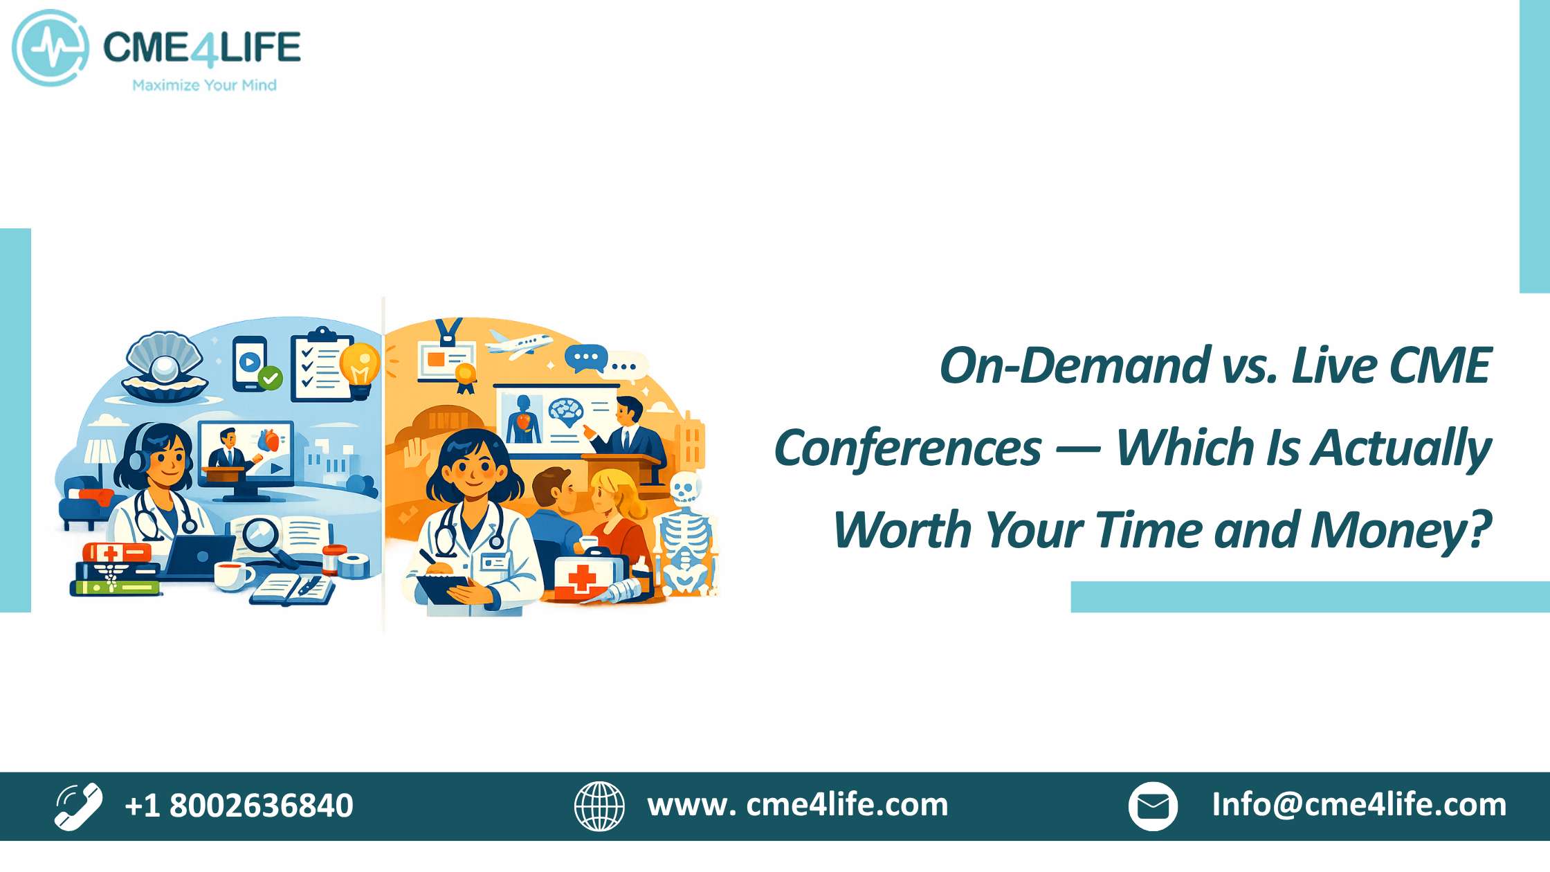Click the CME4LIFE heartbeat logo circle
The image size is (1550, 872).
pos(50,48)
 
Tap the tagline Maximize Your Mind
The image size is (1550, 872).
pos(204,85)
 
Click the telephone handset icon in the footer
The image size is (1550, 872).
pos(78,806)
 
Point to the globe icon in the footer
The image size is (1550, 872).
pos(599,806)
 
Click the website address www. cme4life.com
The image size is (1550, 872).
pos(798,805)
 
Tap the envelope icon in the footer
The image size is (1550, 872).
pos(1153,806)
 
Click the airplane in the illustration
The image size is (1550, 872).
pos(519,344)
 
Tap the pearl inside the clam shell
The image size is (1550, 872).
pos(166,368)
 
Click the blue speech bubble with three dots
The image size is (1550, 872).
pos(585,358)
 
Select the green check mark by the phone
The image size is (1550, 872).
pos(270,378)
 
